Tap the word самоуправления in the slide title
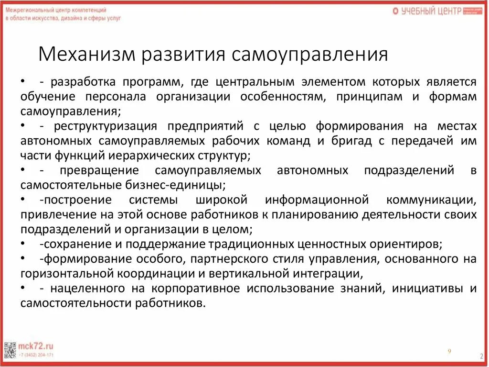click(x=310, y=55)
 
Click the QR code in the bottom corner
click(x=10, y=351)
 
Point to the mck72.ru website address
click(x=36, y=346)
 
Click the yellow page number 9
click(x=449, y=351)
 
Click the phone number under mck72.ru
click(x=36, y=355)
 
